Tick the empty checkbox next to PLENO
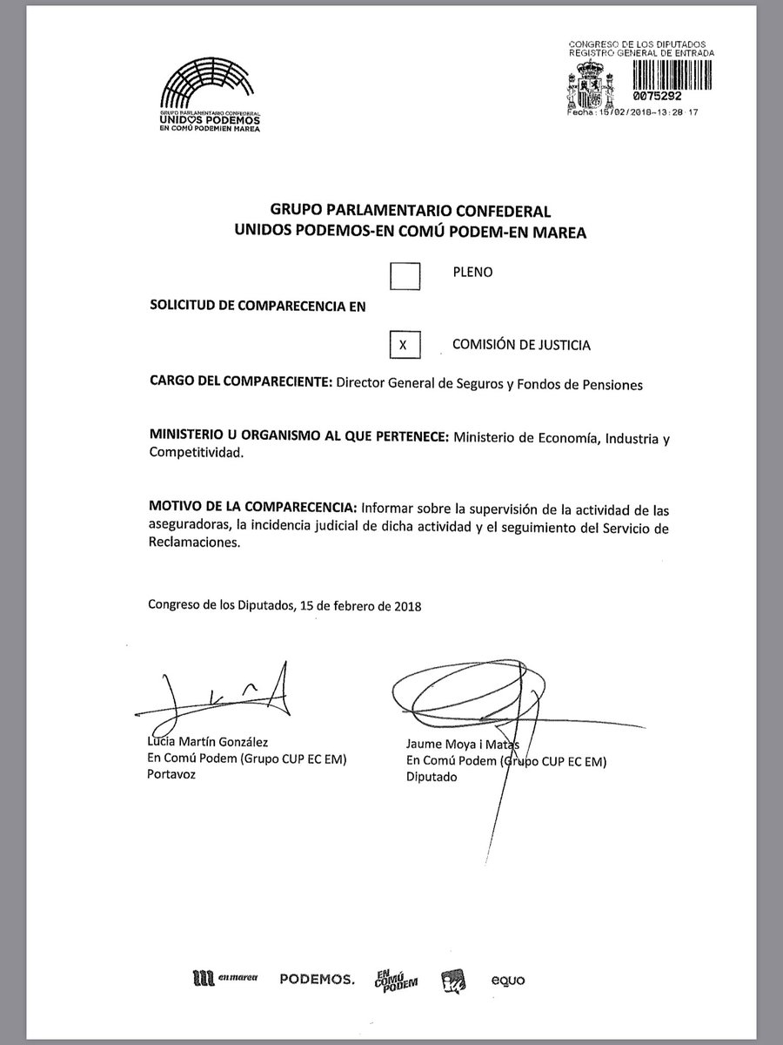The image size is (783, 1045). tap(405, 276)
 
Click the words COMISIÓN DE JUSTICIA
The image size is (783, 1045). tap(521, 345)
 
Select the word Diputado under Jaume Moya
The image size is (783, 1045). tap(432, 777)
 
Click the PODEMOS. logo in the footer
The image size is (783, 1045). tap(317, 980)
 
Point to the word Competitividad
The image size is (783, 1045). tap(195, 454)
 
